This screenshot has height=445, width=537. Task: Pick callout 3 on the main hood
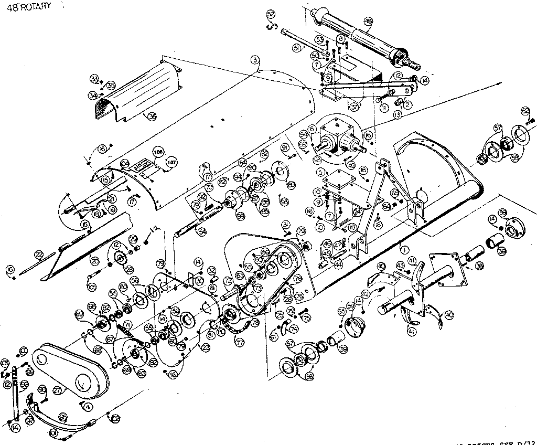coord(254,60)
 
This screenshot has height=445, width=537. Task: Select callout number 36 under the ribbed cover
coord(153,117)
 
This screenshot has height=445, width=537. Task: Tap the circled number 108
coord(157,152)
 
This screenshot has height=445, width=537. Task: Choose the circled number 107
coord(171,162)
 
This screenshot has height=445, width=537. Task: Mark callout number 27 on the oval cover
coord(57,389)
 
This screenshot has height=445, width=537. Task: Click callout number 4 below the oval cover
coord(89,406)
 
